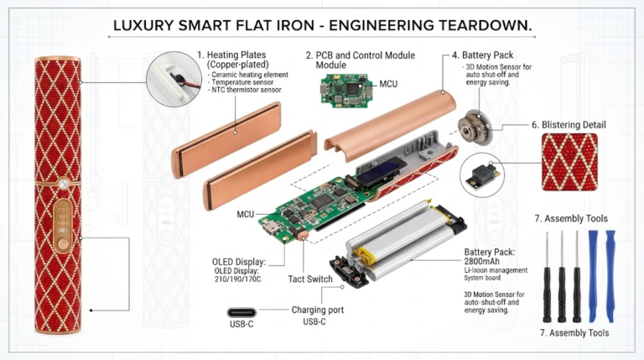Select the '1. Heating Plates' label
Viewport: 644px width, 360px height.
click(231, 55)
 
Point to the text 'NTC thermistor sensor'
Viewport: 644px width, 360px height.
click(246, 90)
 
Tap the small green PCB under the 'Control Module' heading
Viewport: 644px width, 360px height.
click(346, 91)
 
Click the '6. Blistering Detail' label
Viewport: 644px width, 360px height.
click(569, 125)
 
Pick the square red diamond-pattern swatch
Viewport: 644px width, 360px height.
click(569, 162)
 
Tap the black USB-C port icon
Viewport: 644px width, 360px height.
click(241, 312)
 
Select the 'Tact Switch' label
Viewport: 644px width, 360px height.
click(310, 279)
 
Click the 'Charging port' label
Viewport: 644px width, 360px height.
click(318, 310)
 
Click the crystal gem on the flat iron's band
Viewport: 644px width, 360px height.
click(63, 184)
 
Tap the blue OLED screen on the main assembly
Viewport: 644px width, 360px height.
click(381, 173)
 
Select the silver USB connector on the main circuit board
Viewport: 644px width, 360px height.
click(272, 227)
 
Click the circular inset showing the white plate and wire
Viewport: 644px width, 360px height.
click(174, 80)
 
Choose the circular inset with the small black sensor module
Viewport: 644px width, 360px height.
click(482, 175)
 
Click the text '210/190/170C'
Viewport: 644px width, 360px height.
click(237, 279)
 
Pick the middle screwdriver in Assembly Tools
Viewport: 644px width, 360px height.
click(562, 277)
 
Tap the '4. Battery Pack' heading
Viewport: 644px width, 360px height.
click(483, 55)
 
